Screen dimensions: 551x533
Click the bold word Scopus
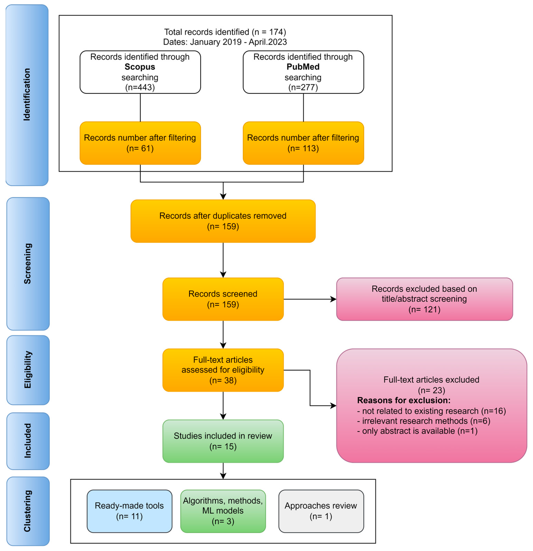140,67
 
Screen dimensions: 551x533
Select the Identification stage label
27,95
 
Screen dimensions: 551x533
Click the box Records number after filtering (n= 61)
140,143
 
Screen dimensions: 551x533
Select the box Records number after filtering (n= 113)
303,143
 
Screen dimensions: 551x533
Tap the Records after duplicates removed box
223,221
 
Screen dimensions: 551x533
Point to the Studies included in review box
223,441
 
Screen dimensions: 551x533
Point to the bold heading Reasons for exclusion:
404,400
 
